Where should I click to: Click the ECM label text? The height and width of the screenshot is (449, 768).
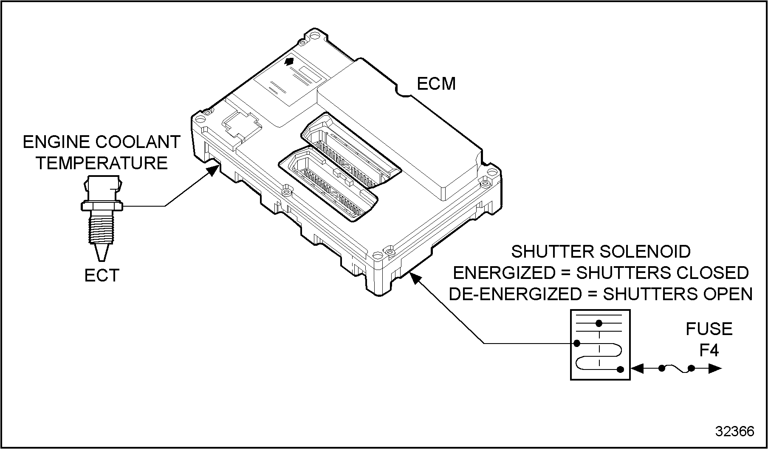point(436,84)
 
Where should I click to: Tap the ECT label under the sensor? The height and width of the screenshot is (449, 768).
point(102,275)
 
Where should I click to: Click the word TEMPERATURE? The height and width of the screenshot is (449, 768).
point(102,163)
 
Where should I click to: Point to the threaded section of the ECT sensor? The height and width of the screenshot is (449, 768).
point(101,228)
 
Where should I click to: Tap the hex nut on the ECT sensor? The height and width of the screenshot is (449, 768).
point(102,206)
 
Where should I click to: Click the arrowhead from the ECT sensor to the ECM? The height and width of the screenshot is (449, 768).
point(214,170)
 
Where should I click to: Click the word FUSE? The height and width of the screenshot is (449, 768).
point(709,329)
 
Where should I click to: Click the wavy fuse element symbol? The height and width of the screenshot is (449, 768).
point(677,369)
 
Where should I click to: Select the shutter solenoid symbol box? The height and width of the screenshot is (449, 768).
point(599,344)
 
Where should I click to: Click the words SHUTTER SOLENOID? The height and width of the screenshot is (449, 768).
point(601,252)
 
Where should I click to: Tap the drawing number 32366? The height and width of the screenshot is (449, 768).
point(735,431)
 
